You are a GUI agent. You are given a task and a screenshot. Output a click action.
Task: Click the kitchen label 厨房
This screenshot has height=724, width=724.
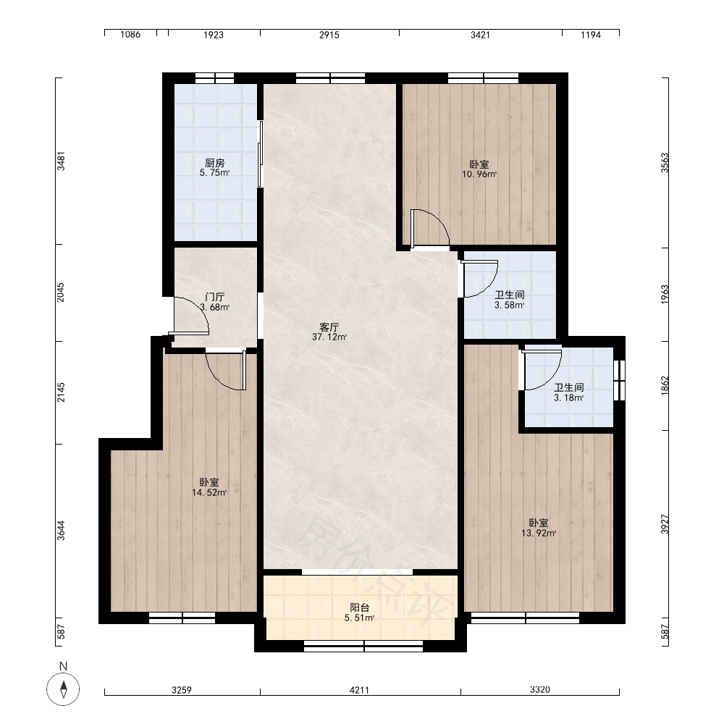point(215,163)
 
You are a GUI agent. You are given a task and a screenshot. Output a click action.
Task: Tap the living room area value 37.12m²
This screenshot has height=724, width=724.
point(329,337)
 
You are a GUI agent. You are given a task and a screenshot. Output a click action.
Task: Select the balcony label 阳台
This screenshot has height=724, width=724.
point(360,607)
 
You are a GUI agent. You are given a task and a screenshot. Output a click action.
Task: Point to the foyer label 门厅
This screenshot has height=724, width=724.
point(215,297)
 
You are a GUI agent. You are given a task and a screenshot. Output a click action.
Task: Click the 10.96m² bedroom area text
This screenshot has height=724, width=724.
point(479,174)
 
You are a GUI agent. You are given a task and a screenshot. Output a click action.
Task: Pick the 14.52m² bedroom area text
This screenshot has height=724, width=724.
point(209,492)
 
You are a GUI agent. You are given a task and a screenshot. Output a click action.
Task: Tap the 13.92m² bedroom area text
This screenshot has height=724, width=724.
point(539,534)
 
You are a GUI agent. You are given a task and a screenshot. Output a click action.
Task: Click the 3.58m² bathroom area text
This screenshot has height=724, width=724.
point(509,306)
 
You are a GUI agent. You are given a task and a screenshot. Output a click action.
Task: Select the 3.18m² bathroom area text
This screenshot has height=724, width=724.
point(569,397)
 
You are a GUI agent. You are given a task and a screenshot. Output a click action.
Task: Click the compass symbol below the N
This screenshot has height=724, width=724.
point(63,689)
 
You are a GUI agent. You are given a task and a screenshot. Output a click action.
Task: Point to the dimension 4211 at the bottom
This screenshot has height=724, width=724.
point(359,690)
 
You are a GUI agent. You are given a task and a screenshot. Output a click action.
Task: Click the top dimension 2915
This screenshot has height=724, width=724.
point(329,35)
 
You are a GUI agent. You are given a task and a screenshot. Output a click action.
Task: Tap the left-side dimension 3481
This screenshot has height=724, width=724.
point(61,161)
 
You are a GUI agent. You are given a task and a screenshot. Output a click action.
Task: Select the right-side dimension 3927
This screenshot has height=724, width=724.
point(665,524)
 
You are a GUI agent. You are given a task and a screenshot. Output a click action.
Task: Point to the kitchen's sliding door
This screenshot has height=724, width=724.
point(261,153)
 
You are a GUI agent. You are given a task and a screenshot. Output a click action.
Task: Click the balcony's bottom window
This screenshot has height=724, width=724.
point(363,646)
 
